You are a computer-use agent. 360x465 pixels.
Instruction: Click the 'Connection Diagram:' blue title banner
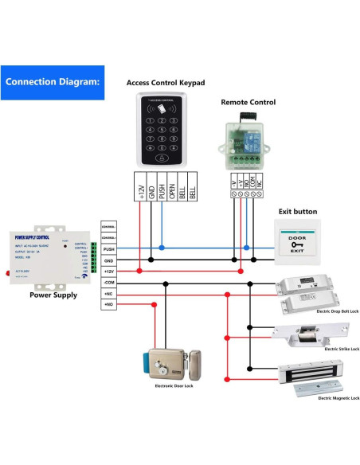point(53,81)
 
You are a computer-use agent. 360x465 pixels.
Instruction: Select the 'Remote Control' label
point(248,102)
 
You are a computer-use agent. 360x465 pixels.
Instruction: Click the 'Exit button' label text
point(297,212)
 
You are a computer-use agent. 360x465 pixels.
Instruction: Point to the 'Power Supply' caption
point(53,295)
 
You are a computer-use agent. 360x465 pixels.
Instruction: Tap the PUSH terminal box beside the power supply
point(110,248)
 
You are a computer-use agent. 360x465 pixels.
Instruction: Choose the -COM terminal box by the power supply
point(110,283)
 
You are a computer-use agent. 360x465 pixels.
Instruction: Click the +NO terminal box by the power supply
point(110,305)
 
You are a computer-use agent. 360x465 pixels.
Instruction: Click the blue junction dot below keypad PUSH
point(162,248)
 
